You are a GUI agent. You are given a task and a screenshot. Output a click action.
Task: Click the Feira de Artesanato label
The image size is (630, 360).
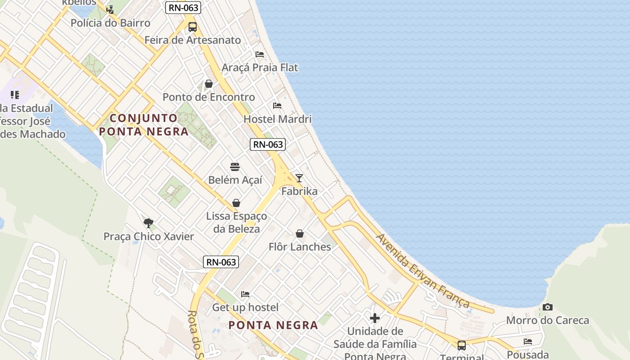[x=193, y=40]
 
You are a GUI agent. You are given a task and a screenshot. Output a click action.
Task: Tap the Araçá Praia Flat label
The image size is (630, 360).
[x=260, y=67]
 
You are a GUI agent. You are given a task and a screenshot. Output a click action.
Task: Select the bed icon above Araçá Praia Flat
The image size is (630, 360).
[x=260, y=54]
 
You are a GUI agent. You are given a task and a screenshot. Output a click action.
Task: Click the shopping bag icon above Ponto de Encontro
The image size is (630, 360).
[x=209, y=84]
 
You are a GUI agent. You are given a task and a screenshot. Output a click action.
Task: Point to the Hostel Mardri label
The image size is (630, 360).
[x=277, y=119]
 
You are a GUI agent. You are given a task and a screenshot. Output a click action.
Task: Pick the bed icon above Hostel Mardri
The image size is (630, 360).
[x=277, y=106]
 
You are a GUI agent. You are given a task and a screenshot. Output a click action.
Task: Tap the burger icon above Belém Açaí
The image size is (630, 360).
[x=235, y=167]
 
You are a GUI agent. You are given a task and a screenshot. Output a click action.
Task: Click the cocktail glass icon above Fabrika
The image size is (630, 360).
[x=299, y=178]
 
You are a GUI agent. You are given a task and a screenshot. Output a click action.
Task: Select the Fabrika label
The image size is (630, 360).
[x=299, y=191]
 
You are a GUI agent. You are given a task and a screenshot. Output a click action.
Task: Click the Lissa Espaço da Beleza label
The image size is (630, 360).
[x=236, y=222]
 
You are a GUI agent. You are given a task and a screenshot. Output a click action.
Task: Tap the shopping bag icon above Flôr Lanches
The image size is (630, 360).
[x=300, y=234]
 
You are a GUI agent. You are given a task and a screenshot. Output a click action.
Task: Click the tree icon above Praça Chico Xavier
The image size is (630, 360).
[x=148, y=223]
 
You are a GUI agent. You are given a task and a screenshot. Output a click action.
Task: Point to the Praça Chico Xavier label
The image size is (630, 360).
[x=148, y=237]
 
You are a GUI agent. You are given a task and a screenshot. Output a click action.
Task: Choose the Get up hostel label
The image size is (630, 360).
[x=245, y=307]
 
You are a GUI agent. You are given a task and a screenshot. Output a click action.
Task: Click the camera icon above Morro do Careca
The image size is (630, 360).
[x=548, y=307]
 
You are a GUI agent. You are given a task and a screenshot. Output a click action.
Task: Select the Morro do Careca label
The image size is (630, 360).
[x=548, y=320]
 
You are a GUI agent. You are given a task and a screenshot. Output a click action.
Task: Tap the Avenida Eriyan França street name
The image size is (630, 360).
[x=423, y=270]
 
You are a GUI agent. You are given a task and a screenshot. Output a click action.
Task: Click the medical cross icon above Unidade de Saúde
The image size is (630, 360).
[x=375, y=318]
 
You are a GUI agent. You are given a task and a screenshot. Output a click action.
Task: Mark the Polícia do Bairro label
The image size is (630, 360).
[x=110, y=23]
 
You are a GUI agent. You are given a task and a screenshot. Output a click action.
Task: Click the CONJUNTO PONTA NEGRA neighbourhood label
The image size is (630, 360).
[x=144, y=125]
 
